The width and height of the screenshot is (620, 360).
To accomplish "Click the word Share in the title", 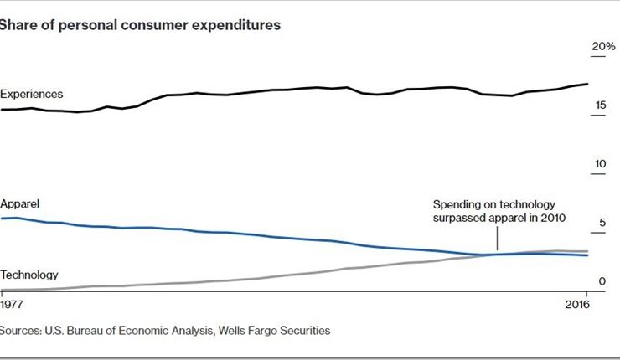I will (18, 25).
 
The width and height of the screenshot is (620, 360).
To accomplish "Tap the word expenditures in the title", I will (240, 25).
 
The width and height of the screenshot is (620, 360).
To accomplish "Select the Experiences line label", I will (32, 94).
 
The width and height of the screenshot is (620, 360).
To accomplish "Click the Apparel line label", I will (21, 203).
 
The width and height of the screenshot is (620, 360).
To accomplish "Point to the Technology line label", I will (29, 275).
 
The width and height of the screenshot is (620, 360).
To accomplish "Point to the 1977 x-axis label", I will (13, 302).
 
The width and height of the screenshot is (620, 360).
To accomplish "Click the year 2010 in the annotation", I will (554, 218).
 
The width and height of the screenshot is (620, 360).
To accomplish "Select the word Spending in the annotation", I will (457, 204).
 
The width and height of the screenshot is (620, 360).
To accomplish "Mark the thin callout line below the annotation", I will (498, 239).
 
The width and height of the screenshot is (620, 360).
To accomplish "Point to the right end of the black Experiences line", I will (586, 84).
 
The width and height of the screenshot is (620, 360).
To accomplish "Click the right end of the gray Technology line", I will (586, 251).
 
